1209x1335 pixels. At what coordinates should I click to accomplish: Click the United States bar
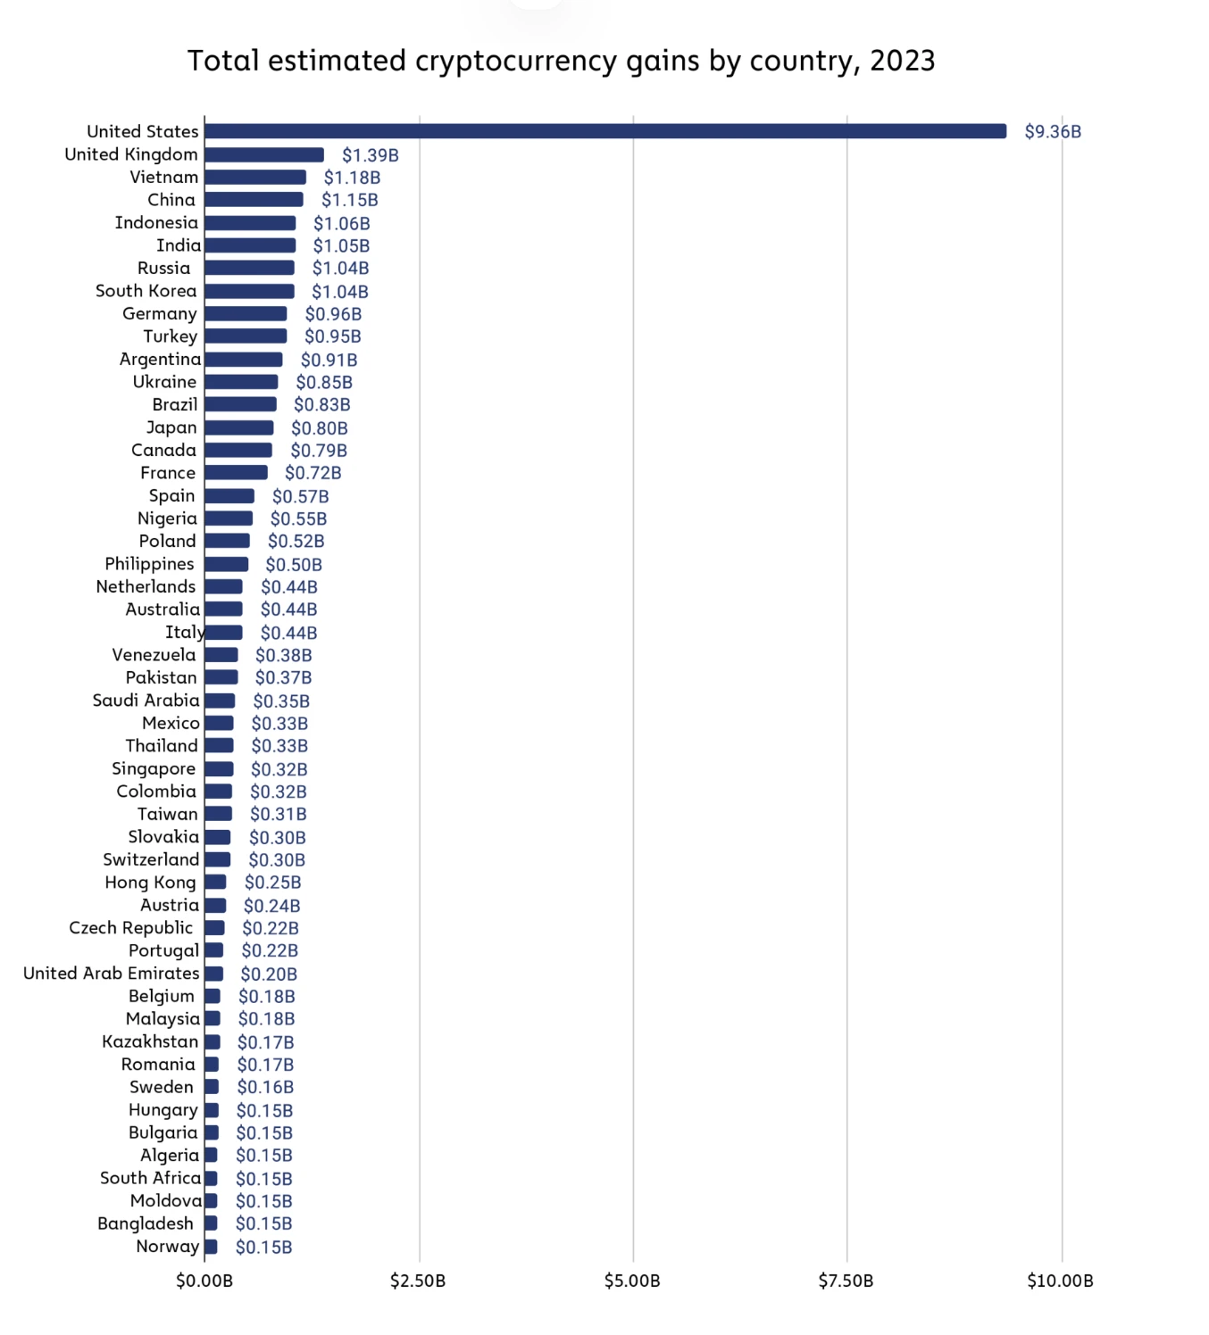pyautogui.click(x=605, y=131)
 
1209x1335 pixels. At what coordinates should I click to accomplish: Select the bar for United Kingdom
pyautogui.click(x=264, y=154)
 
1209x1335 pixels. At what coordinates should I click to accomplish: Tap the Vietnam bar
pyautogui.click(x=255, y=178)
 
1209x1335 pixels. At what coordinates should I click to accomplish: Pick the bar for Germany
pyautogui.click(x=246, y=314)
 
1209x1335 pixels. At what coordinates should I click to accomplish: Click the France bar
pyautogui.click(x=236, y=473)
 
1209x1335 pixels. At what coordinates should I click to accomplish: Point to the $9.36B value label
pyautogui.click(x=1052, y=132)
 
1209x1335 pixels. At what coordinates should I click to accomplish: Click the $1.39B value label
pyautogui.click(x=370, y=155)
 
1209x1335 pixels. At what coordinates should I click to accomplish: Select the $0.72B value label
pyautogui.click(x=313, y=473)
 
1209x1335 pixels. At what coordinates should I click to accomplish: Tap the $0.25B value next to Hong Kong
pyautogui.click(x=272, y=883)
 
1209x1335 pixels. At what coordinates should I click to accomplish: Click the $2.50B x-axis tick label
pyautogui.click(x=418, y=1281)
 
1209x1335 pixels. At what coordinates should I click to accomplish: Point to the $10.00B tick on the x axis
pyautogui.click(x=1060, y=1281)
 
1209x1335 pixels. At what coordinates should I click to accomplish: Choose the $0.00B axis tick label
pyautogui.click(x=204, y=1281)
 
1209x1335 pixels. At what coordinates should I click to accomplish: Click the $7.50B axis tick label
pyautogui.click(x=846, y=1281)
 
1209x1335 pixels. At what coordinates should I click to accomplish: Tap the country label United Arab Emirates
pyautogui.click(x=111, y=974)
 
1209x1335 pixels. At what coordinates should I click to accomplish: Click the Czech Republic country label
pyautogui.click(x=131, y=928)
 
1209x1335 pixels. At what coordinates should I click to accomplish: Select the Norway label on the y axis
pyautogui.click(x=167, y=1247)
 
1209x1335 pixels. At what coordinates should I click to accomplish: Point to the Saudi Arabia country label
pyautogui.click(x=146, y=701)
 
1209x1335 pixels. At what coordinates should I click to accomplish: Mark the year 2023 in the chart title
pyautogui.click(x=902, y=61)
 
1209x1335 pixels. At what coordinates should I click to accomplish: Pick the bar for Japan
pyautogui.click(x=238, y=427)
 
